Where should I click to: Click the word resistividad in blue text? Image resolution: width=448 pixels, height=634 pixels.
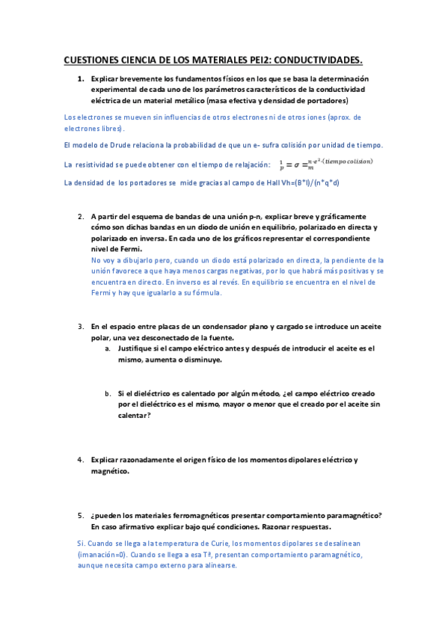(x=96, y=164)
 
